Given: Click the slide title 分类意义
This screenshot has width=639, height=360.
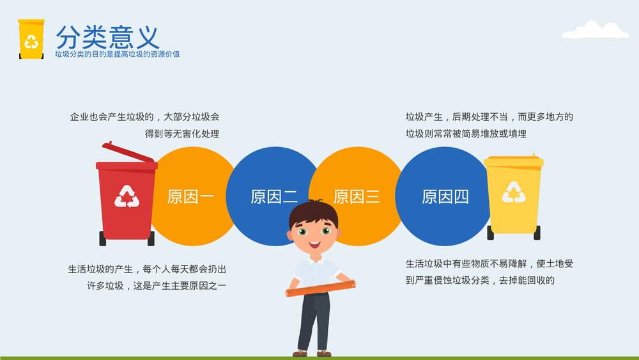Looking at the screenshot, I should tap(107, 36).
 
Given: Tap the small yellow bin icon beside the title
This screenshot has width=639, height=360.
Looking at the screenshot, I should tap(31, 39).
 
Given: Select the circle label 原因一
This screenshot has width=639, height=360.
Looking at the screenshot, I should tap(190, 196).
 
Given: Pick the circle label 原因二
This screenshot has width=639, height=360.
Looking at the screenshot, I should tap(274, 196).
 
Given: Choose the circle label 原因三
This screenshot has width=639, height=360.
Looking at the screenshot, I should tap(357, 196).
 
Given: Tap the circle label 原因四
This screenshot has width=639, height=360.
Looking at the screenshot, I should tap(445, 196).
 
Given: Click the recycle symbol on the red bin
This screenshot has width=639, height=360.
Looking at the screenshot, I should tap(127, 196).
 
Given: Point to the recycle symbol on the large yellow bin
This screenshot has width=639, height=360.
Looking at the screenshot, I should tap(513, 192).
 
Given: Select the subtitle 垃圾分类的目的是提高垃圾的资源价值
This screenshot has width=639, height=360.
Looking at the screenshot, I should tap(117, 54).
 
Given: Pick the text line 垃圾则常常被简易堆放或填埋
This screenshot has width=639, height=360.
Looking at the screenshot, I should tap(466, 134).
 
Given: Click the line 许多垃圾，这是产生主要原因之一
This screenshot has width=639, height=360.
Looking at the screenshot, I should tap(156, 285).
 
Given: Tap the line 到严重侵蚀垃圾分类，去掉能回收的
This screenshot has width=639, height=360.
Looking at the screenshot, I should tap(479, 280).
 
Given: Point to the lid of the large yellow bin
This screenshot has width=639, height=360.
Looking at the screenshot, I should tap(513, 161).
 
